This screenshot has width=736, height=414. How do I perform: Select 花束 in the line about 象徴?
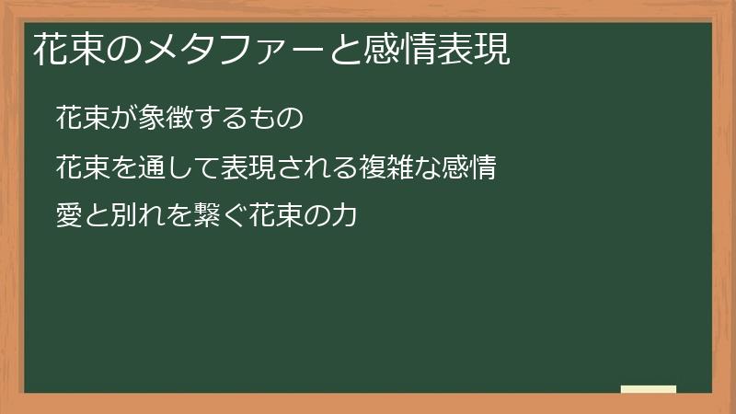tap(80, 118)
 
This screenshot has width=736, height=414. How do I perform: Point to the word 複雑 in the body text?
tap(367, 168)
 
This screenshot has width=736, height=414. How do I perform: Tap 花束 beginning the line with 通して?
tap(80, 168)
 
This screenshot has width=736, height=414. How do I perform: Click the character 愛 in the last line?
tap(68, 218)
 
